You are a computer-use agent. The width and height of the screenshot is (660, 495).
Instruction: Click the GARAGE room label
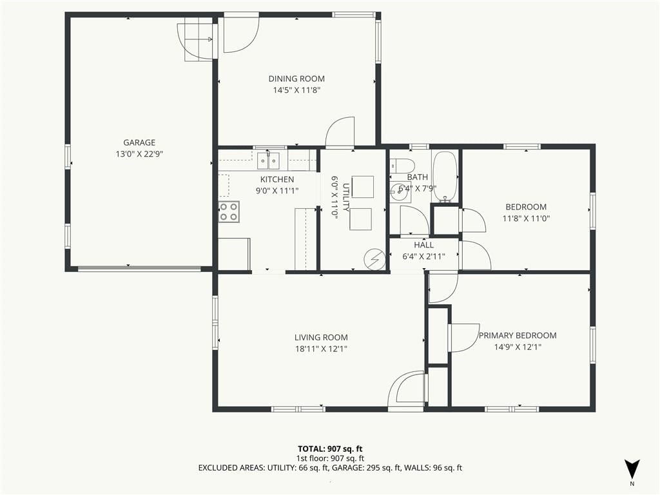(x=139, y=142)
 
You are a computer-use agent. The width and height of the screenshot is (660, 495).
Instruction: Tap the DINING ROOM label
(x=296, y=79)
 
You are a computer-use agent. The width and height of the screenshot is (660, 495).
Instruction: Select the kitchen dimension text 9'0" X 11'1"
(x=277, y=191)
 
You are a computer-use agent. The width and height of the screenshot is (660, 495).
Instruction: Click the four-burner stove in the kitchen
(x=229, y=211)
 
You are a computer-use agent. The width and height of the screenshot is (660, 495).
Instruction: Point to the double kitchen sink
(x=269, y=160)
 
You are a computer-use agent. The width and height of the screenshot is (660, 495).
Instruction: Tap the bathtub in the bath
(x=445, y=177)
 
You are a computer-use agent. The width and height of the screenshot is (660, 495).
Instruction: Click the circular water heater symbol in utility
(x=374, y=259)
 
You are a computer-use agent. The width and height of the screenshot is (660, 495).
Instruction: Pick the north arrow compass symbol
(x=632, y=469)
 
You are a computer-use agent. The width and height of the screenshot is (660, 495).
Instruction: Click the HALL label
(x=424, y=245)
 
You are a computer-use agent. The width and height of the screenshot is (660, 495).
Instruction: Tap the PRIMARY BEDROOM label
(x=518, y=335)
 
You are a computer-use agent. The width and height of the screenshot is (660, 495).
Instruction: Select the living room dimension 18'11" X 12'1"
(x=321, y=349)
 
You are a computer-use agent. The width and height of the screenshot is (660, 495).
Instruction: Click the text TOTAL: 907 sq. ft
(x=330, y=449)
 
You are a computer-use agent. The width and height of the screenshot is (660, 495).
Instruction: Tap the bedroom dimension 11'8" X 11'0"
(x=526, y=218)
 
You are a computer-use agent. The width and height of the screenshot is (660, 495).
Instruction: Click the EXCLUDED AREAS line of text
(x=330, y=468)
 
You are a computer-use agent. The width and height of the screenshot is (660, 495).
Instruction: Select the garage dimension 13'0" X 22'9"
(x=139, y=154)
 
